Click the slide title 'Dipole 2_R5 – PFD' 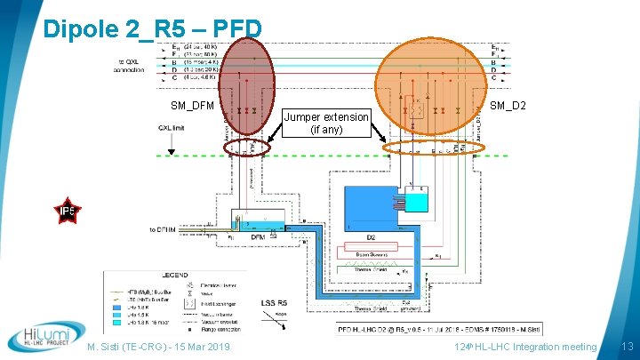(x=152, y=29)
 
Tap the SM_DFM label (x=192, y=107)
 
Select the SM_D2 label (x=508, y=107)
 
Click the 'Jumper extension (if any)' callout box (x=326, y=123)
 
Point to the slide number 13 (x=626, y=346)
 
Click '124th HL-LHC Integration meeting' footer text (x=525, y=346)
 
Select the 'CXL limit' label (x=172, y=127)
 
